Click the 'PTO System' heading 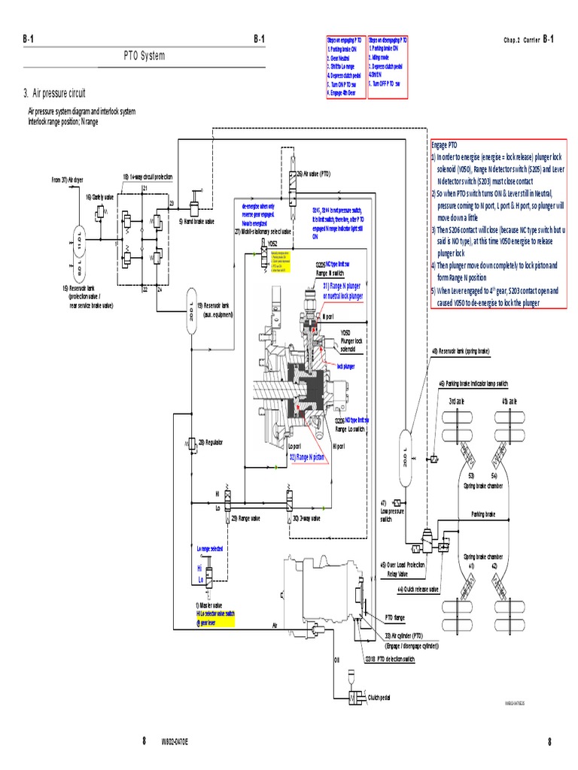click(x=144, y=56)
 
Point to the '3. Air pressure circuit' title click(x=55, y=93)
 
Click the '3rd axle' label click(x=456, y=401)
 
